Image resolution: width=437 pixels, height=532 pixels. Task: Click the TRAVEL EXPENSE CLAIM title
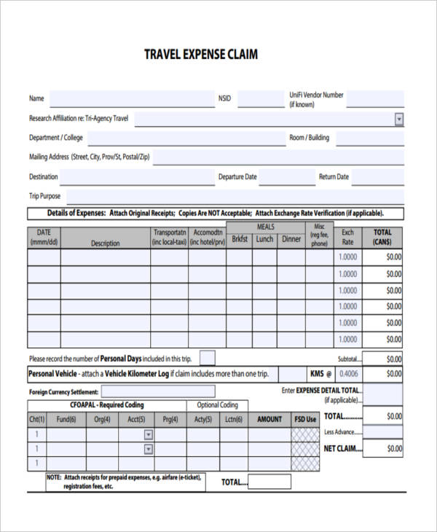[x=200, y=55]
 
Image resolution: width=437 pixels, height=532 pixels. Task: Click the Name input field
[x=132, y=98]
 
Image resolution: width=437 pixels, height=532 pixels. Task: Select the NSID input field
[x=260, y=98]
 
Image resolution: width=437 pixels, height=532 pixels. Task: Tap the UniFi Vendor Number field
[x=374, y=99]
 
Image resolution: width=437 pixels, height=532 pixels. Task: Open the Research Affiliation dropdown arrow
[x=399, y=119]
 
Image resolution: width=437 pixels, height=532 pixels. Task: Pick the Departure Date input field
[x=286, y=177]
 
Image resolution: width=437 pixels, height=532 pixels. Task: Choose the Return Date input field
[x=378, y=177]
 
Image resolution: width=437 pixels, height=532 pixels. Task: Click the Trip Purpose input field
[x=233, y=196]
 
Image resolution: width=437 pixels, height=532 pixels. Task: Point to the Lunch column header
[x=265, y=239]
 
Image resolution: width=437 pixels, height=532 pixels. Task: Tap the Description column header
[x=105, y=243]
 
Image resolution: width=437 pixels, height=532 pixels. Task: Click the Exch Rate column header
[x=348, y=238]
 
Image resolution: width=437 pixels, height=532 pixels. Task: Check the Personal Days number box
[x=208, y=357]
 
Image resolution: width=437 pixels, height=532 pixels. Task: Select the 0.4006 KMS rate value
[x=349, y=374]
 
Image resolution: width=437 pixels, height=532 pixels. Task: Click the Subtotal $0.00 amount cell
[x=383, y=359]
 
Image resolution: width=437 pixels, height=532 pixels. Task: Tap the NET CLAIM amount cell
[x=383, y=449]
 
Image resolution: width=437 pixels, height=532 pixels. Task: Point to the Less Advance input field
[x=383, y=432]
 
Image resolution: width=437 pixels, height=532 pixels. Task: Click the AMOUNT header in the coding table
[x=269, y=419]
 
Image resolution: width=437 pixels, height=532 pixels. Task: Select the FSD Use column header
[x=305, y=419]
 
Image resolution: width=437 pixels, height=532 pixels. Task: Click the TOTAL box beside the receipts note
[x=269, y=482]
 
